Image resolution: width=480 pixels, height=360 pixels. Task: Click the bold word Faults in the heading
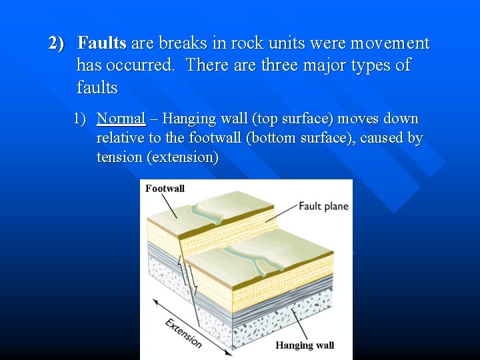pyautogui.click(x=101, y=44)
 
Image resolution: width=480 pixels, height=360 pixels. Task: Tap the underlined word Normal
pyautogui.click(x=121, y=119)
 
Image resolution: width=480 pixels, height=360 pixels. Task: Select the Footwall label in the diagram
pyautogui.click(x=165, y=189)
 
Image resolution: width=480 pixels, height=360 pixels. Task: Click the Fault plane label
pyautogui.click(x=323, y=206)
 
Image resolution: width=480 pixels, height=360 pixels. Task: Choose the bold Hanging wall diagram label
pyautogui.click(x=305, y=345)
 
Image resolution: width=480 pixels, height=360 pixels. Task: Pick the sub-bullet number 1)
pyautogui.click(x=80, y=119)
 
